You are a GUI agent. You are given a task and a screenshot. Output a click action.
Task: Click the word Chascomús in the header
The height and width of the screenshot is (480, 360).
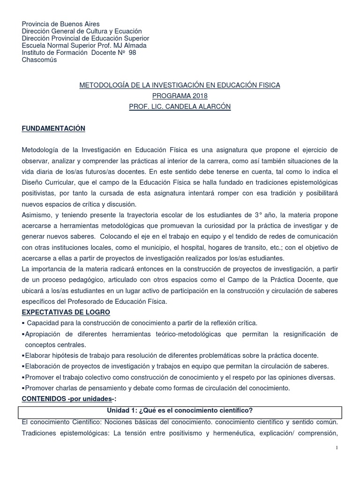coord(39,60)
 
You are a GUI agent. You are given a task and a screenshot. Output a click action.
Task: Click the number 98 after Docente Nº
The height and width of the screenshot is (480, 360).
coord(132,52)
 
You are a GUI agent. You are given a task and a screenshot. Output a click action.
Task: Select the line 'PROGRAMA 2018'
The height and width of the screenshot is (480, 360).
coord(180,96)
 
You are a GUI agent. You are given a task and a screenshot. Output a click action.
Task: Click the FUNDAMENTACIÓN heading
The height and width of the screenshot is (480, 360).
coord(53,128)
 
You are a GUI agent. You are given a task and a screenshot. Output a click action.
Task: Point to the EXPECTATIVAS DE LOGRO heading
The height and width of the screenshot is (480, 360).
coord(66,312)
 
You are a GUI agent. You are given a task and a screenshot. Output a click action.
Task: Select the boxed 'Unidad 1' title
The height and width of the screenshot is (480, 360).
coord(180,410)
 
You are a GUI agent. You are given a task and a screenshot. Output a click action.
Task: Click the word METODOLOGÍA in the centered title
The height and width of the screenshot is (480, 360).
coord(104,85)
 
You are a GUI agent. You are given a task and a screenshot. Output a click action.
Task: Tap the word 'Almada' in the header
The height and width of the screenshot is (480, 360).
coord(135,45)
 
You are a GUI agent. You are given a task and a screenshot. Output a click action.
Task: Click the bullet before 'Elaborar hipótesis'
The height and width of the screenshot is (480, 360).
coord(23,355)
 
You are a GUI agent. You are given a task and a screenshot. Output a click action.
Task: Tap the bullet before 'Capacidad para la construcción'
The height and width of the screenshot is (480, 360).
coord(23,323)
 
